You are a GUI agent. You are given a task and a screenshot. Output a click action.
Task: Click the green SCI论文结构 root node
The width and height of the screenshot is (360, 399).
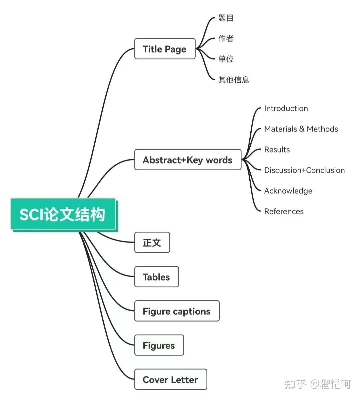pos(63,214)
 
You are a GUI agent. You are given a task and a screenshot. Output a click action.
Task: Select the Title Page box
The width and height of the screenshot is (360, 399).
pos(165,49)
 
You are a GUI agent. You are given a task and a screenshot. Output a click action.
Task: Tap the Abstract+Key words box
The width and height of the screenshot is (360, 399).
pos(188,160)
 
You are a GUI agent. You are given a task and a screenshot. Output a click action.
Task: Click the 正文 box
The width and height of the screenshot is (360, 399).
pos(152,243)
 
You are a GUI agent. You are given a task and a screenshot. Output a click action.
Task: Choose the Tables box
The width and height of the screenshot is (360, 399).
pos(156,277)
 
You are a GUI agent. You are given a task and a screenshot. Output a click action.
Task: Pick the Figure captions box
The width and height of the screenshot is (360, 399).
pos(177,311)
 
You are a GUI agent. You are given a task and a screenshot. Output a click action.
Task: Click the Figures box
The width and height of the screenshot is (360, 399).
pos(159,345)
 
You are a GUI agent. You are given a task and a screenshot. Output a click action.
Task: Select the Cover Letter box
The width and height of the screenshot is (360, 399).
pos(171,380)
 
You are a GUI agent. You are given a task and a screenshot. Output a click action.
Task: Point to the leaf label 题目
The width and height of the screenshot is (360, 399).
pos(226,18)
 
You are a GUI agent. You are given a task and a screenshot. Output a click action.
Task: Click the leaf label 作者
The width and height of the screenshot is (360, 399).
pos(226,39)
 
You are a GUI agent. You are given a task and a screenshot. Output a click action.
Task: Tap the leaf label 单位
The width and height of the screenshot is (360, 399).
pos(226,59)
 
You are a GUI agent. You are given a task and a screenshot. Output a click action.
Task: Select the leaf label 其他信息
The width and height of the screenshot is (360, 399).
pos(234,80)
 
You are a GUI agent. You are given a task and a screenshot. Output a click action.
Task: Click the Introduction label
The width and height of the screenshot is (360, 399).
pos(286,108)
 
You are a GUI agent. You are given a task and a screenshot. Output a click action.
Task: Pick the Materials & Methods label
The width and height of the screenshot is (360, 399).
pos(301,129)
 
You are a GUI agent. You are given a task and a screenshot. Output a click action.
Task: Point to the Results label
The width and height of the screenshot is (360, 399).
pos(277,150)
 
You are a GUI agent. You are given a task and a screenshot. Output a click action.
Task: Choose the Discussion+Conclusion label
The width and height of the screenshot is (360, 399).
pos(304,170)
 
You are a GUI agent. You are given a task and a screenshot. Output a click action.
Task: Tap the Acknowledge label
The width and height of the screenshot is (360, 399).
pos(288,191)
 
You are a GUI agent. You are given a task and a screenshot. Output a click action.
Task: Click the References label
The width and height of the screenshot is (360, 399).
pos(284,211)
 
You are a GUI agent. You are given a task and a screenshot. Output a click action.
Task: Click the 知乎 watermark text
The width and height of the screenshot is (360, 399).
pos(295,384)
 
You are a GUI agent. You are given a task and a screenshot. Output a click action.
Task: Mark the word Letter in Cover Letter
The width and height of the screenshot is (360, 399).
pos(184,380)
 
